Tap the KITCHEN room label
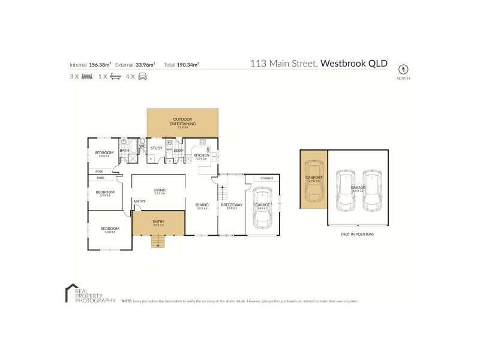200,156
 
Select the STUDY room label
157,148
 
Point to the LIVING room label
159,191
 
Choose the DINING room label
202,206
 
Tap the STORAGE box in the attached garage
267,178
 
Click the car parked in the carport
314,187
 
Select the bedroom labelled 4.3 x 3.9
110,229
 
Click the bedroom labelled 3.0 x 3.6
104,154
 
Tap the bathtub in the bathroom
124,147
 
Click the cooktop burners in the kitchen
202,143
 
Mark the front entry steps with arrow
158,241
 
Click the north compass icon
403,68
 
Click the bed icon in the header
86,76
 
